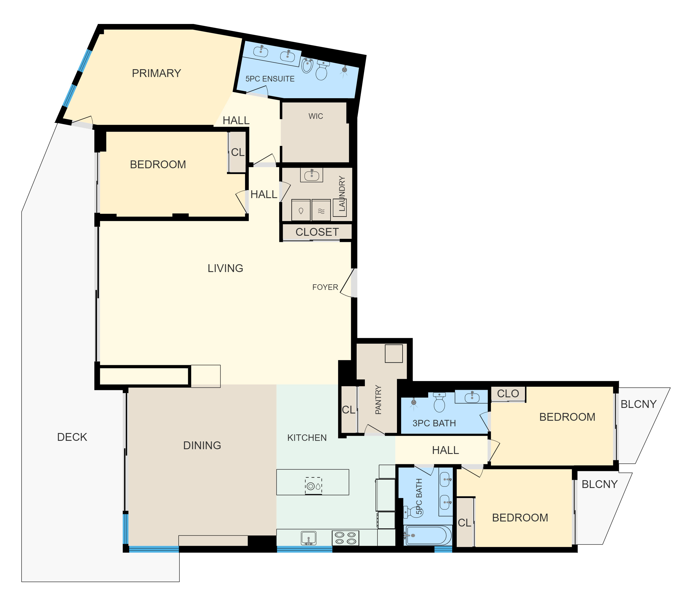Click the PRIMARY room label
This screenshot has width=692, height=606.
point(156,73)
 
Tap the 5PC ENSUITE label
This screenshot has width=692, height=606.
point(270,79)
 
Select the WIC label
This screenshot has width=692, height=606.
point(316,116)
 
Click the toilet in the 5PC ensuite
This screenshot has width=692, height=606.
point(322,70)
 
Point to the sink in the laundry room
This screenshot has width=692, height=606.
point(312,175)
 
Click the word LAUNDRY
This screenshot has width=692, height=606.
point(342,194)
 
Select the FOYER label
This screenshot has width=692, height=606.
point(325,287)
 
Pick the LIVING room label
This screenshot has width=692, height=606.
point(225,268)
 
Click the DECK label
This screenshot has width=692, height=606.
point(72,437)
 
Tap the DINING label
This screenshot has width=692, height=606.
point(202,445)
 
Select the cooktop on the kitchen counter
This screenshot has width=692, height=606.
point(345,538)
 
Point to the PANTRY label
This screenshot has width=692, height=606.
point(378,400)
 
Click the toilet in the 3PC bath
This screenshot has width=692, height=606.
point(439,402)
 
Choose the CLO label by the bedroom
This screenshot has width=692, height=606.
point(508,394)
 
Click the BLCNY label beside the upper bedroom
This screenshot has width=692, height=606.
point(638,404)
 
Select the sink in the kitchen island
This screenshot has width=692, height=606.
point(314,486)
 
